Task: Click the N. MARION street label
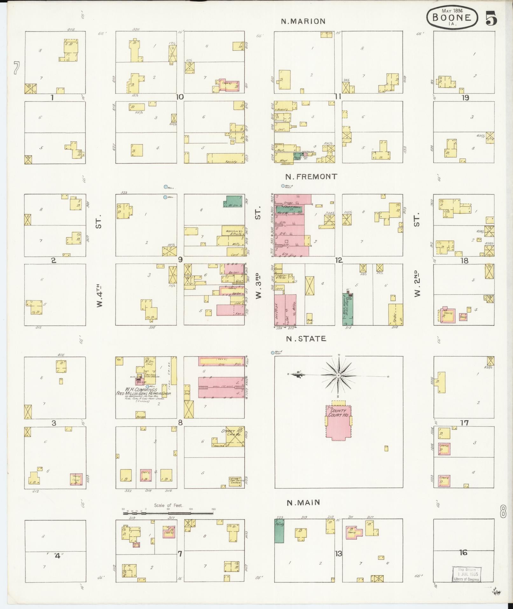303,21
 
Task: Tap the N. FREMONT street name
311,177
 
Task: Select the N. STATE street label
306,339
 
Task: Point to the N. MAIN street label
303,503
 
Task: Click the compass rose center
339,376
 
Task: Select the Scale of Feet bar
169,513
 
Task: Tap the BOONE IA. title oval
451,18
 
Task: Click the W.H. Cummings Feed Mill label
143,392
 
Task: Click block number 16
463,553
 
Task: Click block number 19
465,98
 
